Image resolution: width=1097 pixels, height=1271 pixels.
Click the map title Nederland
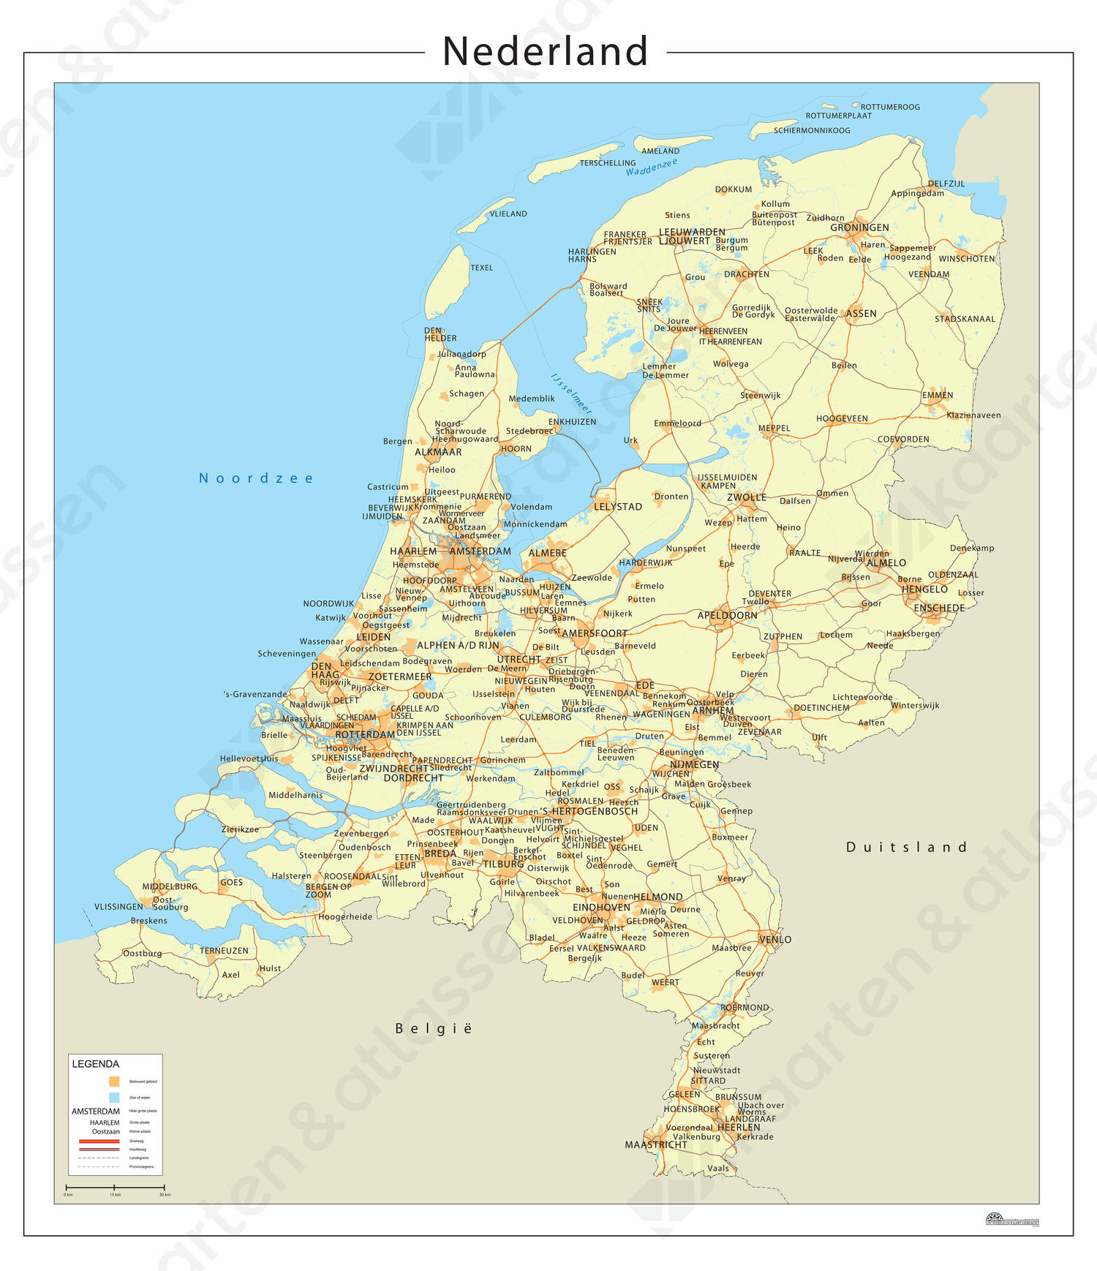(545, 51)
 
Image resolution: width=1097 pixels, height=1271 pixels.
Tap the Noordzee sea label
(256, 478)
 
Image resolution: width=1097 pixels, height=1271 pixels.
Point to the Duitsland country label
(906, 847)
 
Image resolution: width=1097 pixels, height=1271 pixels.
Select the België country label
(434, 1028)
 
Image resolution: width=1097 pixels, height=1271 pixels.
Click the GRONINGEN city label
(859, 227)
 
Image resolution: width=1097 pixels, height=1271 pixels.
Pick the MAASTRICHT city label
(656, 1144)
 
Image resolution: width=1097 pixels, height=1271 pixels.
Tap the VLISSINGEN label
(118, 907)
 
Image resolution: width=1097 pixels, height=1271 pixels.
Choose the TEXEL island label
(481, 268)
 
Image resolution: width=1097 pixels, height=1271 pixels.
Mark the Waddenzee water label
(651, 167)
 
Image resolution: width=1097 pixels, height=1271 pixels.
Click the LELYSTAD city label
(618, 507)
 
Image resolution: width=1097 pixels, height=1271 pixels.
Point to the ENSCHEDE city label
(939, 608)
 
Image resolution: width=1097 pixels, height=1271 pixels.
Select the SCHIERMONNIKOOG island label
(812, 130)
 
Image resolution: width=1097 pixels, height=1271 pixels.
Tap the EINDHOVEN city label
(601, 908)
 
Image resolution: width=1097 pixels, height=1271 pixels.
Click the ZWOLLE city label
(747, 497)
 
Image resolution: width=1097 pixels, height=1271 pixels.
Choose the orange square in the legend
(114, 1081)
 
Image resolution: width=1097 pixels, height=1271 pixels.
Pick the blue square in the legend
(114, 1097)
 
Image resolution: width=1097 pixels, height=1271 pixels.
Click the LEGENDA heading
(95, 1064)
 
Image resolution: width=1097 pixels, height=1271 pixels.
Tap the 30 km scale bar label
(165, 1194)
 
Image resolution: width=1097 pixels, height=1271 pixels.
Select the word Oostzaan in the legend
(106, 1131)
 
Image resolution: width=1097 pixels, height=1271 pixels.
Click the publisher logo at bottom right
(1012, 1220)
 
